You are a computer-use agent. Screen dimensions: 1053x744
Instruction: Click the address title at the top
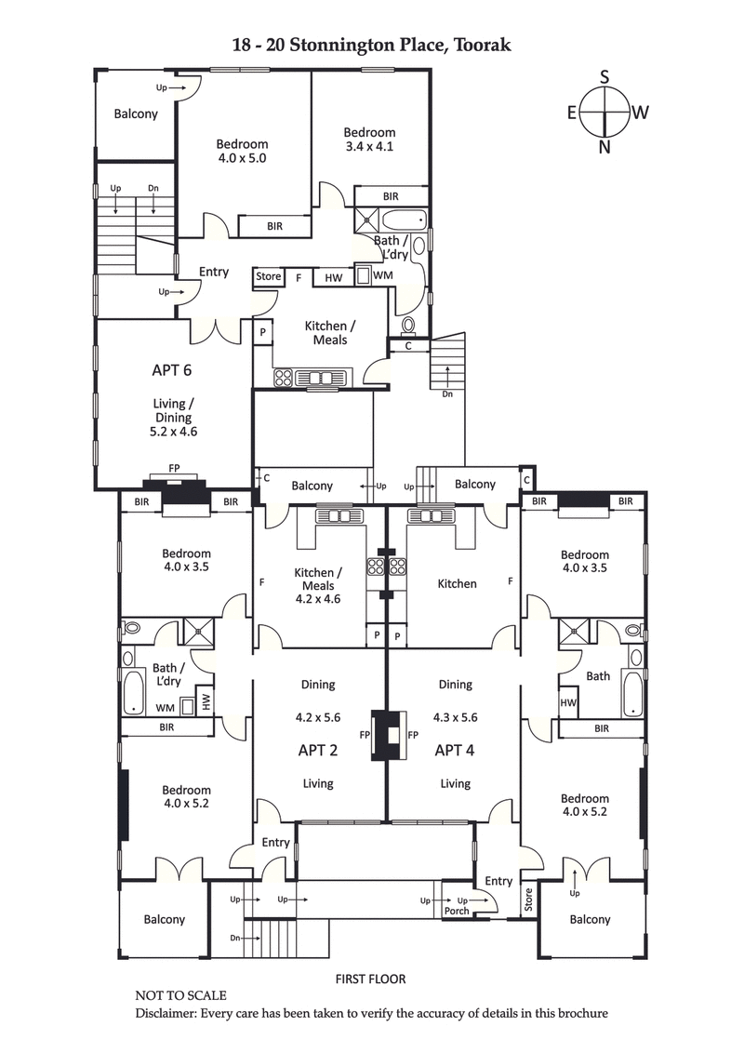tap(372, 44)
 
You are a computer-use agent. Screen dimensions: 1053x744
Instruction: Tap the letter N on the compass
tap(605, 146)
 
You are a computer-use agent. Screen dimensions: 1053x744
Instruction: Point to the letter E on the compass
tap(572, 113)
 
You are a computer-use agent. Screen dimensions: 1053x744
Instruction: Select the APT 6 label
tap(172, 369)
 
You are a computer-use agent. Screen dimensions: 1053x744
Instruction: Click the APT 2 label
tap(317, 750)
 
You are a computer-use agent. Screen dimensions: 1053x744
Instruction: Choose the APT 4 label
tap(455, 750)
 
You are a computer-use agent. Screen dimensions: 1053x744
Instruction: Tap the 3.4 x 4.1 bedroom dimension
tap(369, 146)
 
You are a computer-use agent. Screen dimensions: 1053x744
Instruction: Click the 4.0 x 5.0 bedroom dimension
tap(242, 158)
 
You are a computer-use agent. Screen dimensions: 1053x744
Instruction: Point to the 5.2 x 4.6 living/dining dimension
tap(172, 432)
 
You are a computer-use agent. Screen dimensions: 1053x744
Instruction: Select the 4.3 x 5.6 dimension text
tap(455, 718)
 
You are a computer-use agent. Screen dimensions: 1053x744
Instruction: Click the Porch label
tap(457, 911)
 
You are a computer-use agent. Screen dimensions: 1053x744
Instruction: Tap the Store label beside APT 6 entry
tap(268, 276)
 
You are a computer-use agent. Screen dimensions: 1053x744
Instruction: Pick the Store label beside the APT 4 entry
tap(529, 900)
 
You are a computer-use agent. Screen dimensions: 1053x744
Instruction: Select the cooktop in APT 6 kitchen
tap(284, 378)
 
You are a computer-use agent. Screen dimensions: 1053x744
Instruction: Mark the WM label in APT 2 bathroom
tap(166, 707)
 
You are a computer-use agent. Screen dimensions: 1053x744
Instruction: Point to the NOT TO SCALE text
tap(180, 995)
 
